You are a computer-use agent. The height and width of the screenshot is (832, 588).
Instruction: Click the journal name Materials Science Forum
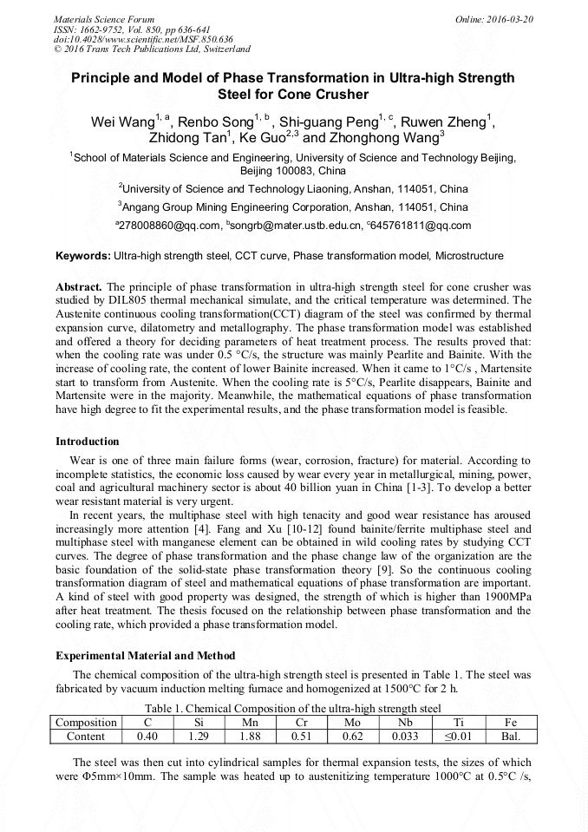pyautogui.click(x=104, y=18)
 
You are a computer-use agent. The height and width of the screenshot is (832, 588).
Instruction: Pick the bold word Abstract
pyautogui.click(x=79, y=286)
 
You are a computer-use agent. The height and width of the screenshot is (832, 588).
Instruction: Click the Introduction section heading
pyautogui.click(x=88, y=442)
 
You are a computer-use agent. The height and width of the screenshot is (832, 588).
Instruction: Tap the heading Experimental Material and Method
pyautogui.click(x=145, y=655)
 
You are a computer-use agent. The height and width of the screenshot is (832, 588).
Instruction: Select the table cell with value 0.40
pyautogui.click(x=147, y=737)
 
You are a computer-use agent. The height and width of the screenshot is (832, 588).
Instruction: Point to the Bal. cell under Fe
pyautogui.click(x=510, y=737)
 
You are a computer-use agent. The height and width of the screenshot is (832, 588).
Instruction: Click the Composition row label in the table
pyautogui.click(x=86, y=722)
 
